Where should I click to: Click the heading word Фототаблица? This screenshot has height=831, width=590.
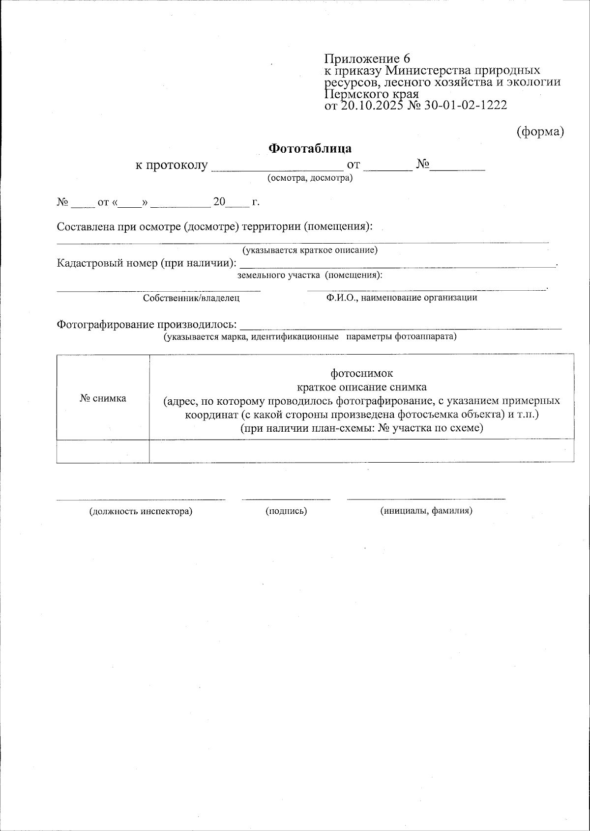click(310, 148)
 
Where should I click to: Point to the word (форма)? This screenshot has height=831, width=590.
click(540, 132)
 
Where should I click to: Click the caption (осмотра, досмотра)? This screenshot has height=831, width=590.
click(310, 178)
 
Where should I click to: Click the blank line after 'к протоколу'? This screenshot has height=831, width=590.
click(277, 167)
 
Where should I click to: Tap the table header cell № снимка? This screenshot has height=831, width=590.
click(103, 398)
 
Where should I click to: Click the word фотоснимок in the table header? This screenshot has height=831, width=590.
click(361, 373)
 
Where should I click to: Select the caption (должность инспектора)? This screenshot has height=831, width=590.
click(141, 511)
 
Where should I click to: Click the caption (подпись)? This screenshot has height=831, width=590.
click(286, 511)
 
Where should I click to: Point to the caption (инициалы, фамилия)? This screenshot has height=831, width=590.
click(426, 511)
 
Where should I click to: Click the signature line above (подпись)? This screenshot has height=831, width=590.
click(286, 499)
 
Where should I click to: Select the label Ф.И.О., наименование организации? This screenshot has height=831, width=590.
click(401, 298)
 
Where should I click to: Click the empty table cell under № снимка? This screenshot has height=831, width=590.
click(103, 451)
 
